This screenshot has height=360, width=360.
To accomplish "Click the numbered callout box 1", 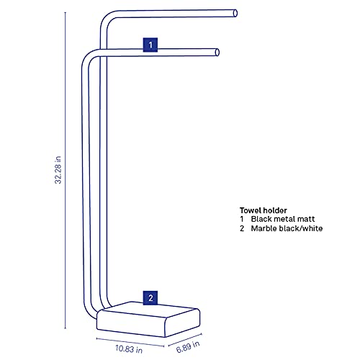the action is coord(150,45).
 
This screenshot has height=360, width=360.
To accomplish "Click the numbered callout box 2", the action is coord(150,298).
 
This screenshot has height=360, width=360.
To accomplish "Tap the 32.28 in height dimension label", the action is coord(58,170).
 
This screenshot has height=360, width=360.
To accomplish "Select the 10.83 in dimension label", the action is coord(129,348).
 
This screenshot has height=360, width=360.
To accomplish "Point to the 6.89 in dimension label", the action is coord(188,347).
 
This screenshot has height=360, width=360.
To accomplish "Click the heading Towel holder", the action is coord(264,210).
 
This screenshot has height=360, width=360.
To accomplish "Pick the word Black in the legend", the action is coord(261,219).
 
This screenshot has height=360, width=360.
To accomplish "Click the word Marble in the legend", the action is coord(264,228).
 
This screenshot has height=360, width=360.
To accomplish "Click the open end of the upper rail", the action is coord(235,13).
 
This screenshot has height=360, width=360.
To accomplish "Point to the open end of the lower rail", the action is coord(217,53).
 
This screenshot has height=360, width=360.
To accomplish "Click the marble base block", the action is coord(148,320).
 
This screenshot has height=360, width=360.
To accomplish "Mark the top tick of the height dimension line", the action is coord(66,12).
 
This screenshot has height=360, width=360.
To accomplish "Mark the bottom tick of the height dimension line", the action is coord(66,328).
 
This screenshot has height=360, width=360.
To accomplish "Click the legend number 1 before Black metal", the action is coord(242,219).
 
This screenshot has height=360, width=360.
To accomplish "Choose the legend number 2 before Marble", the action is coord(242,228).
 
